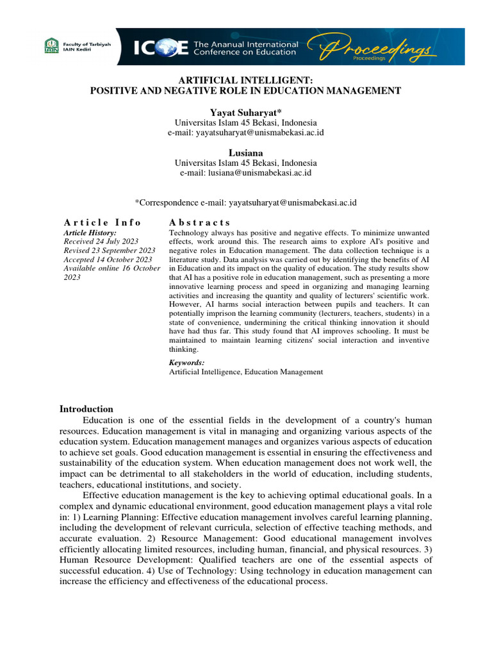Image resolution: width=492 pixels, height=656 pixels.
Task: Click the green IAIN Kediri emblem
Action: (50, 45)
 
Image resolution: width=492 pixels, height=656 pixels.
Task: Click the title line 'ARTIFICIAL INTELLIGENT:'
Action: (246, 81)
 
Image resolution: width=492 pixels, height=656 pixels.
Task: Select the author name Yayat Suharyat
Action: (246, 112)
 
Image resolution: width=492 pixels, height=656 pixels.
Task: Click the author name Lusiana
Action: (246, 153)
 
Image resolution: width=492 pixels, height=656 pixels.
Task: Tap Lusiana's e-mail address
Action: (246, 173)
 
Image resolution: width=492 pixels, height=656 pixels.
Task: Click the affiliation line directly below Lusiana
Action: (246, 163)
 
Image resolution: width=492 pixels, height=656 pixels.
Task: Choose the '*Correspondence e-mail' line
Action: (246, 202)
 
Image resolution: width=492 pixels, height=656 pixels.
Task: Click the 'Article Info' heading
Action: (102, 222)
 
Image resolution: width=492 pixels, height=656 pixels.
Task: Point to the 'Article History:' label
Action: (90, 233)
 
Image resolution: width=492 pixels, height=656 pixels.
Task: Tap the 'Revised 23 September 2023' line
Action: (110, 250)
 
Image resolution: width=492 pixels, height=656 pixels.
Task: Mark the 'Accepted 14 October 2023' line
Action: (108, 259)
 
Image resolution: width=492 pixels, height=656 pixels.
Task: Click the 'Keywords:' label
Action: (186, 363)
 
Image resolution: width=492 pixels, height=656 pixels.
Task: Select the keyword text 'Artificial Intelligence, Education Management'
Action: (246, 372)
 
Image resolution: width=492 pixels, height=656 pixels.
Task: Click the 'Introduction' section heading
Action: (86, 409)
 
